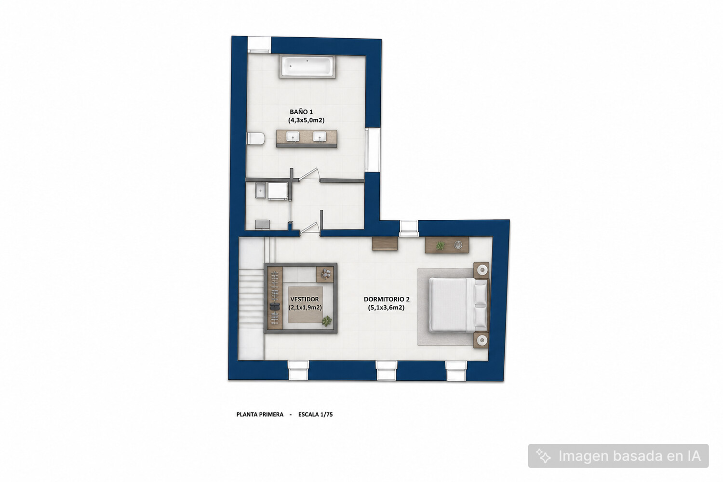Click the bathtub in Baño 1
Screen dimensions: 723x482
pos(307,67)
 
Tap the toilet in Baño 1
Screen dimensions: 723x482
pos(255,138)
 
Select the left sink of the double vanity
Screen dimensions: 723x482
pos(293,136)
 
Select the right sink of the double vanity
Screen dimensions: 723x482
pos(320,136)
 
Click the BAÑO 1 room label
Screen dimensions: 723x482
pos(301,112)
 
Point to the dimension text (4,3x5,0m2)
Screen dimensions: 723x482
pos(306,120)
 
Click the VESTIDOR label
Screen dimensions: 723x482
pos(304,299)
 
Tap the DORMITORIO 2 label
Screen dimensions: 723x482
pos(387,299)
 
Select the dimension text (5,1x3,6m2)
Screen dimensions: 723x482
pos(387,308)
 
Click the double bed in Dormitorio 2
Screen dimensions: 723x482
pos(458,305)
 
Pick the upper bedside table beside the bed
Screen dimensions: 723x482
pos(481,270)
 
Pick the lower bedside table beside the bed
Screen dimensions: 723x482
pos(481,340)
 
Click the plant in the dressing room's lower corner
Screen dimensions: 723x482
pos(327,321)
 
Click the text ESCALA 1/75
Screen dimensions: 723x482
pos(315,415)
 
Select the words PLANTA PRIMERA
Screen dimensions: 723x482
pos(260,415)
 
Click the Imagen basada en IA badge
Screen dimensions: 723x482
pos(618,456)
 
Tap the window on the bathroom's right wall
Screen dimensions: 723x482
pos(373,150)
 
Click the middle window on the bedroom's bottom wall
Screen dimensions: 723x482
pos(387,371)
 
